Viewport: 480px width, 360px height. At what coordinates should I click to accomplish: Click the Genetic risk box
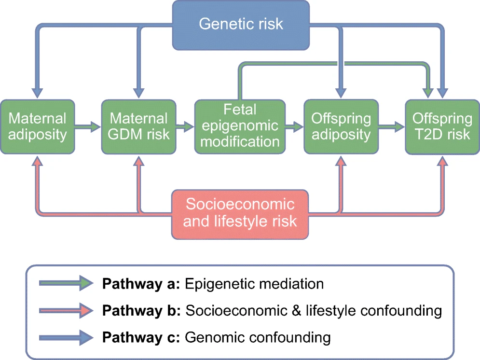click(241, 24)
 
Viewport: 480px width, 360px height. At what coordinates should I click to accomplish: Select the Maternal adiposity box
click(37, 126)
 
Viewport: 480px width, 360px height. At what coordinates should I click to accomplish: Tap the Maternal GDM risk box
click(139, 126)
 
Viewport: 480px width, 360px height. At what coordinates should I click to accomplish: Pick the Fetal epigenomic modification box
click(239, 126)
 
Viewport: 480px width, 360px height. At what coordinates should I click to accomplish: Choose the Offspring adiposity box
click(341, 126)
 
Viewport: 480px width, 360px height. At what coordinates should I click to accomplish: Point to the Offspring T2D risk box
click(442, 126)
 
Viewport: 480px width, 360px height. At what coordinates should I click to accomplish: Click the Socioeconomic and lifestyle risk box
click(239, 213)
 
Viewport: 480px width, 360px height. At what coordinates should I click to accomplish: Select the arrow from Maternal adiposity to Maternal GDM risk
click(87, 127)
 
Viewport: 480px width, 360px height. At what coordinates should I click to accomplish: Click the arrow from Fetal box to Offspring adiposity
click(294, 127)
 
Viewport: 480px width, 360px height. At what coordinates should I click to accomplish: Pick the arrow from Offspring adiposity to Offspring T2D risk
click(391, 127)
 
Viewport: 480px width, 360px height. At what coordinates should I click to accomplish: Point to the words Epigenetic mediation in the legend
click(254, 284)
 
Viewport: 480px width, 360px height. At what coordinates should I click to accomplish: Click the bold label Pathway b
click(140, 310)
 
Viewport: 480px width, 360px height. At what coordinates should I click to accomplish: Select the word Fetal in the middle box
click(239, 110)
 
